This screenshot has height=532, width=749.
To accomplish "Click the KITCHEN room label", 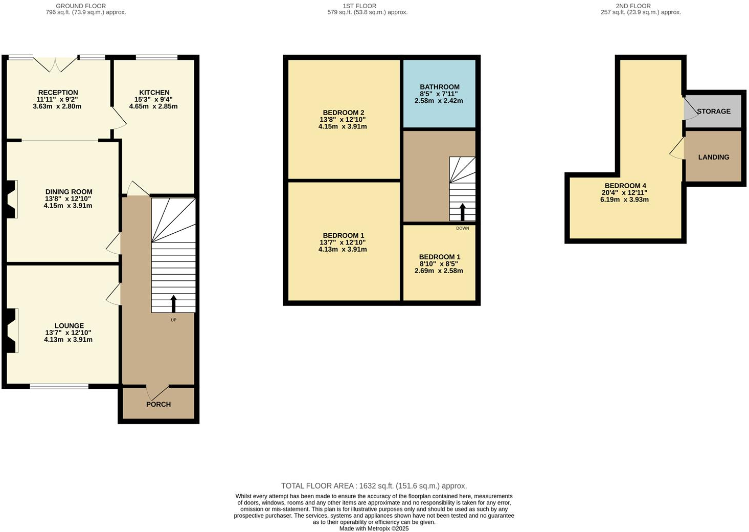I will click(x=154, y=93).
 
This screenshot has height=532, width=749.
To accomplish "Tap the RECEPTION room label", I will click(x=58, y=93).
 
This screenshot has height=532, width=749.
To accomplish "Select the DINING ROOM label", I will click(x=69, y=192).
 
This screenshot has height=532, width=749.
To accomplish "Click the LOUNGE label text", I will click(x=69, y=325).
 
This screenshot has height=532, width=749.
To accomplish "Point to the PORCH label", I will click(x=158, y=404).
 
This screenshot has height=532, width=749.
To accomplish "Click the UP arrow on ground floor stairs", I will click(x=173, y=304).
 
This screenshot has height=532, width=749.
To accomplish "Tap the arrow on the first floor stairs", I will click(x=462, y=212).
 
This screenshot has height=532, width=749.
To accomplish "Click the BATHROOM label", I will click(x=439, y=87).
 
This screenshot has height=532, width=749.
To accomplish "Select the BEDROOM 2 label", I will click(x=343, y=113).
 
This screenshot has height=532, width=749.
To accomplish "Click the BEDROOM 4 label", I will click(x=625, y=186).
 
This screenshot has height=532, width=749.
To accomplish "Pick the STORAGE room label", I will click(x=713, y=111).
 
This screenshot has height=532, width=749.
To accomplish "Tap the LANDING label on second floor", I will click(x=713, y=157).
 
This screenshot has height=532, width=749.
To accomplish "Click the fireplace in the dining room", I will click(x=11, y=199).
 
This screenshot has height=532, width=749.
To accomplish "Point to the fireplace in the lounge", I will click(x=11, y=330).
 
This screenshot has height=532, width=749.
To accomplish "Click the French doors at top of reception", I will click(x=56, y=63).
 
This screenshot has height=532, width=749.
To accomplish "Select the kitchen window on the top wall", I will click(x=156, y=57).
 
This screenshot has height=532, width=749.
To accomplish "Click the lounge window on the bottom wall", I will click(x=59, y=386).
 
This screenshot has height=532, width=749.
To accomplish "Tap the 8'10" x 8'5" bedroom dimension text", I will click(x=439, y=264).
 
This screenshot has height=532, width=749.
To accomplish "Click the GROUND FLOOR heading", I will click(x=81, y=6).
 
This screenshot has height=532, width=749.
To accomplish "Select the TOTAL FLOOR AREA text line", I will click(x=374, y=486).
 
